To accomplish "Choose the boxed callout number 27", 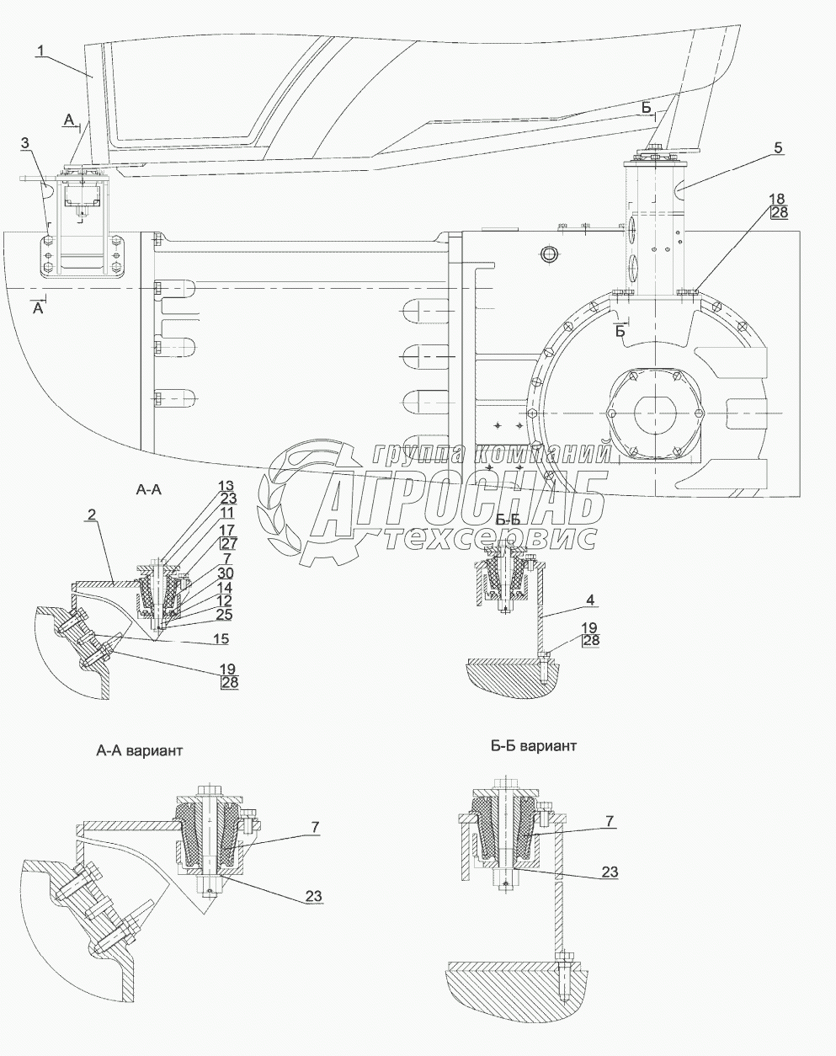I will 229,543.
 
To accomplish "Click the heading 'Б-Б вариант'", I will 532,745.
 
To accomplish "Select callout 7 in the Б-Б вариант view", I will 610,819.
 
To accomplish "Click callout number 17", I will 229,529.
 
